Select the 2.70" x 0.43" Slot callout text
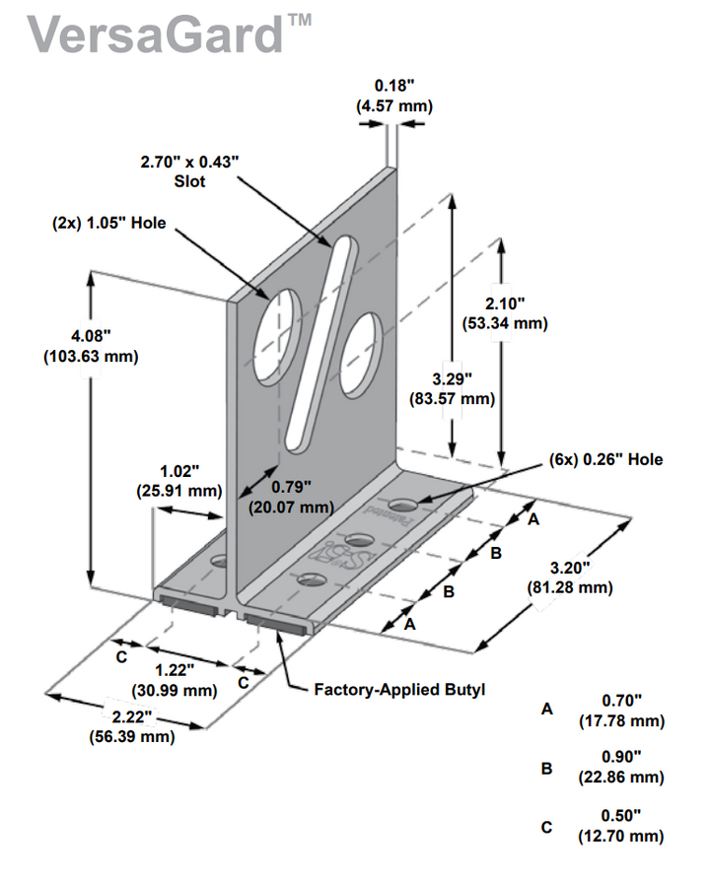coord(196,170)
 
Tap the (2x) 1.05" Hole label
coord(108,224)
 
